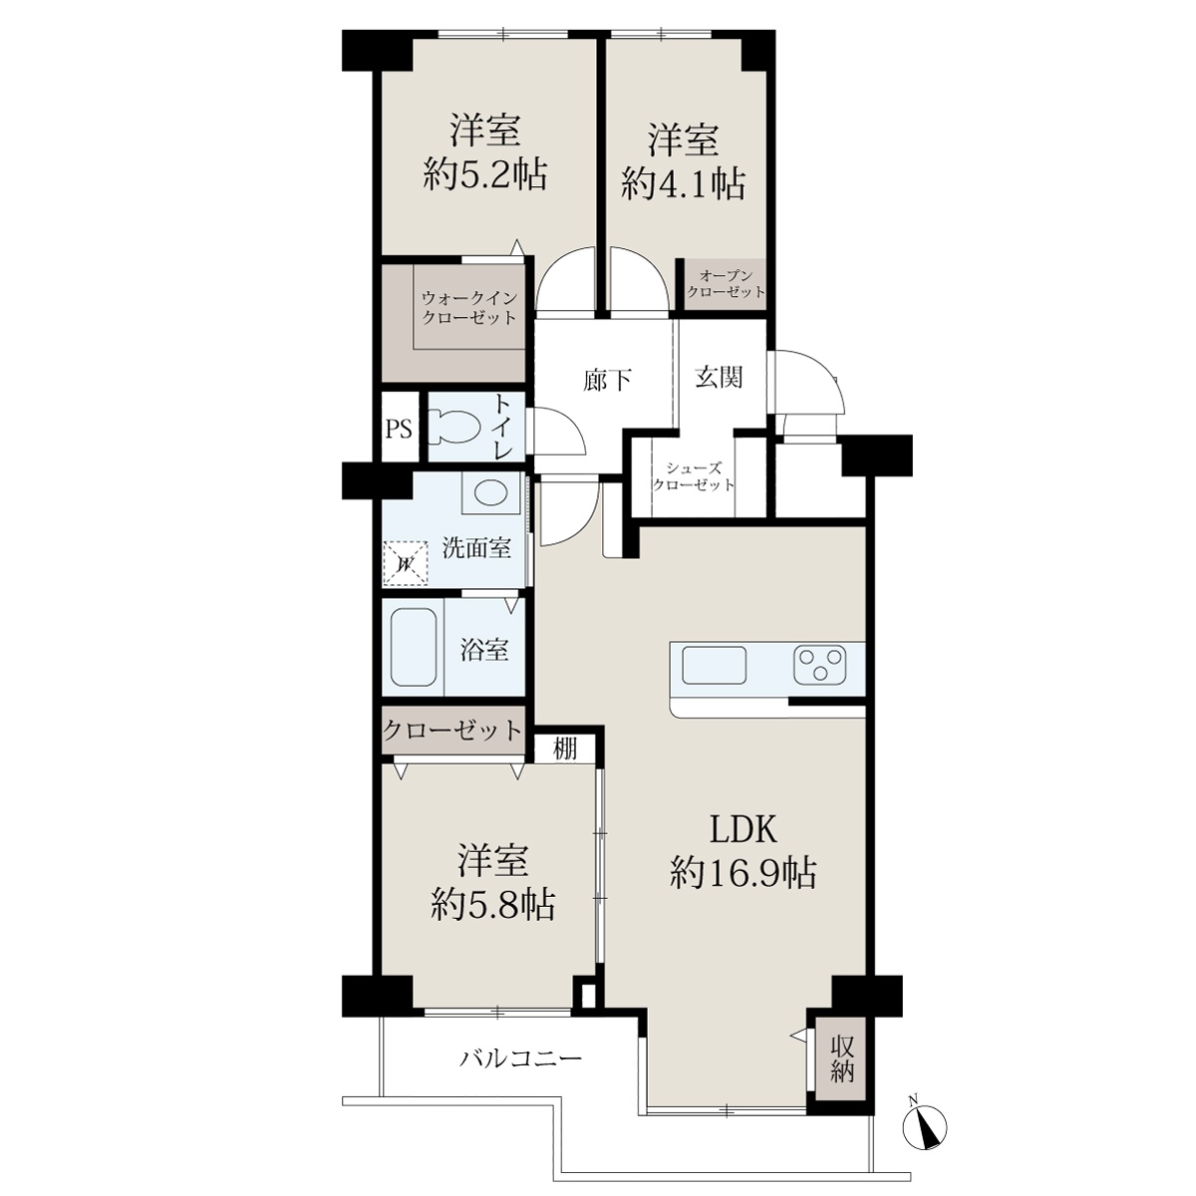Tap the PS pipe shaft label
click(x=399, y=429)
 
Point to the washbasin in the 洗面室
click(x=490, y=492)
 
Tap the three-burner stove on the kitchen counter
click(x=819, y=665)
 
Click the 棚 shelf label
click(x=565, y=749)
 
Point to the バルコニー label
click(x=520, y=1057)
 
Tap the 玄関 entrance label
click(x=719, y=377)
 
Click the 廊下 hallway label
click(x=607, y=381)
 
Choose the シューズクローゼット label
click(x=694, y=476)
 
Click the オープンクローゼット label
click(x=726, y=284)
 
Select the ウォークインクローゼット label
click(x=468, y=308)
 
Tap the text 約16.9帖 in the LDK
click(x=743, y=874)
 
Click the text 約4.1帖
click(x=683, y=183)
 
